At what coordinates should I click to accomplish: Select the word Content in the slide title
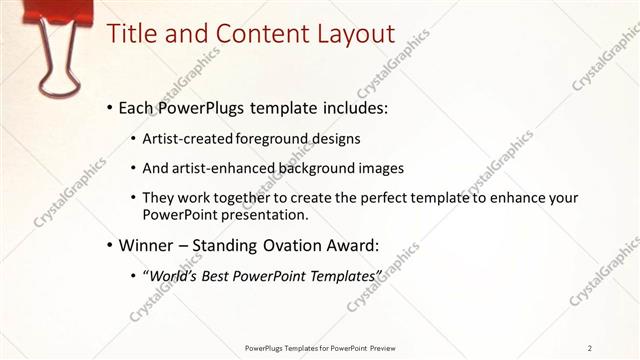click(x=246, y=33)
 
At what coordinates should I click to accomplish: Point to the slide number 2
click(x=591, y=347)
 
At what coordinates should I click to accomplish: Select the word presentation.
click(x=266, y=214)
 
